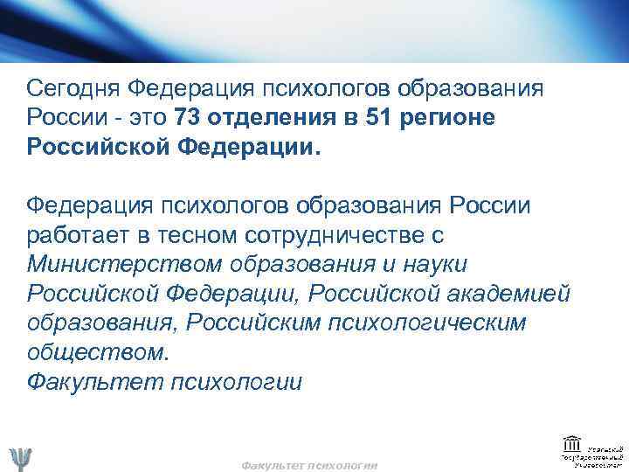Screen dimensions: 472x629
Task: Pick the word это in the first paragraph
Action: click(149, 117)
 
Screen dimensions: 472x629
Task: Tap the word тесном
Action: click(194, 237)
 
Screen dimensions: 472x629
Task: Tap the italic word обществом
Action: click(98, 351)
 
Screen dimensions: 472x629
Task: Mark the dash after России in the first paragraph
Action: click(116, 117)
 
